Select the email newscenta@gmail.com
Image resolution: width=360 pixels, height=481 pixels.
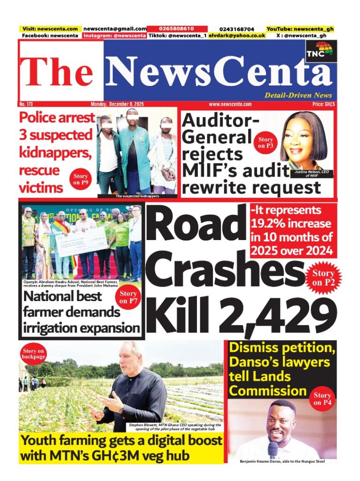coord(115,29)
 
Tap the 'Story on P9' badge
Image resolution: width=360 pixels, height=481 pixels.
coord(81,179)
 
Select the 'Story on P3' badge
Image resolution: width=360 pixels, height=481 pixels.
coord(266,142)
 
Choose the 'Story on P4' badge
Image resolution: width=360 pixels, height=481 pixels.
coord(322,399)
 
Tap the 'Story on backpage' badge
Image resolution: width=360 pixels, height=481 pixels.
coord(33,353)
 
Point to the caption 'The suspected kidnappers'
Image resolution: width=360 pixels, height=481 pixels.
coord(137,195)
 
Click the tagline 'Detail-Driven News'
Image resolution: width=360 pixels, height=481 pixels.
coord(298,95)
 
